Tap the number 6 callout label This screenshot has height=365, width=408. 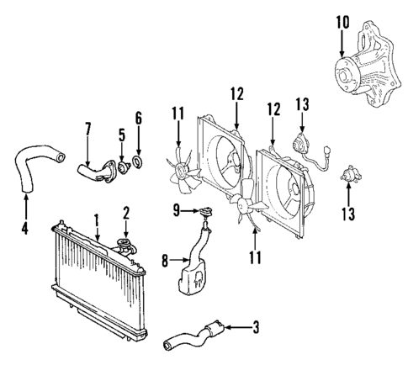140,118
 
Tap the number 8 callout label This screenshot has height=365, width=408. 165,262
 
